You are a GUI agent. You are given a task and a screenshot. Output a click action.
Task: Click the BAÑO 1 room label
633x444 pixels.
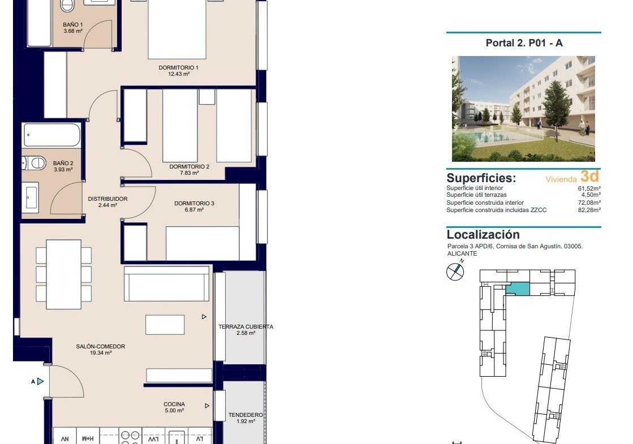point(72,25)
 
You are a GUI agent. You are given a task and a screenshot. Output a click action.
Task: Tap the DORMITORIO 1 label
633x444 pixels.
point(178,68)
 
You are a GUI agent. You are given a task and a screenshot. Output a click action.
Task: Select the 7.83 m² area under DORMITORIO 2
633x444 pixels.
point(190,173)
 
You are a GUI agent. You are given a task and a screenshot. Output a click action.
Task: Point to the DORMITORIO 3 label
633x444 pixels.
point(194,204)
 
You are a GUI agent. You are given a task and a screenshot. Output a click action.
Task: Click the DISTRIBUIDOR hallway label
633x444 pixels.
point(108,199)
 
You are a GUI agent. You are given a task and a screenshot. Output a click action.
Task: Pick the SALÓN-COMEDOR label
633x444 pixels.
point(101,346)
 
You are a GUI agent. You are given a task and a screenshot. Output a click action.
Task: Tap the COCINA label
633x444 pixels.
point(174,404)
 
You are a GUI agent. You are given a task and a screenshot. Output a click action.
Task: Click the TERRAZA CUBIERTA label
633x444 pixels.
point(246,326)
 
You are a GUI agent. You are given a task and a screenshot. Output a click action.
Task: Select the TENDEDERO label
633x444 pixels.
point(246,415)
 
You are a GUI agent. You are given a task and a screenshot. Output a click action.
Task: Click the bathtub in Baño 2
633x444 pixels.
point(52,135)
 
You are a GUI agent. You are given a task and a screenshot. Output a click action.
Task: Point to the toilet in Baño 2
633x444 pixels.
point(34,163)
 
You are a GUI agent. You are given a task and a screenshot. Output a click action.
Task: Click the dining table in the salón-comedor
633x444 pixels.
point(64,274)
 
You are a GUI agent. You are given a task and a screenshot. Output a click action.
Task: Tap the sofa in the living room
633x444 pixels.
point(167,283)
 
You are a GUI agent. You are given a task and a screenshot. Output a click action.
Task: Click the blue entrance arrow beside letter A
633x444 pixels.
point(40,381)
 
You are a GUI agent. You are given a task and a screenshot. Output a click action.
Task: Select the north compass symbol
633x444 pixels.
point(455,271)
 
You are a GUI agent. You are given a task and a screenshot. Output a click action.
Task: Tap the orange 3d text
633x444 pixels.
point(589,176)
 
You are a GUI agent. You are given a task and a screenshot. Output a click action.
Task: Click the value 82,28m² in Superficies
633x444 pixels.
point(589,210)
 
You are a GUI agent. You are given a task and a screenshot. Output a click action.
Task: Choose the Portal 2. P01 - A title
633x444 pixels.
point(524,43)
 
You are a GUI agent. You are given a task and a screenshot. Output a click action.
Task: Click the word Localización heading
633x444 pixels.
point(483,235)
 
